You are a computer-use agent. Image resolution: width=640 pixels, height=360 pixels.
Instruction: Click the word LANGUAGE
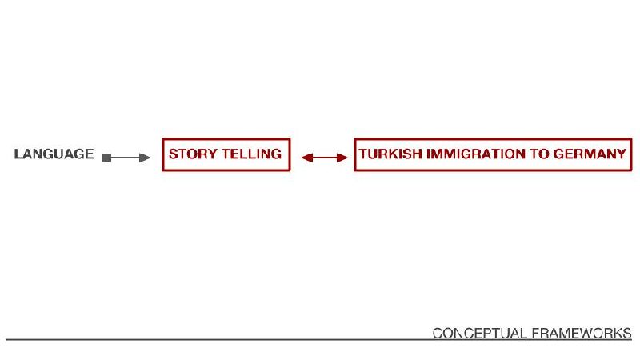coord(54,154)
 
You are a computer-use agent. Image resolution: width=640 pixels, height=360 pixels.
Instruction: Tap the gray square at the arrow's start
coord(107,158)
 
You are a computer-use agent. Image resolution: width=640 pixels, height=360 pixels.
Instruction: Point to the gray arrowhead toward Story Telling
coord(145,158)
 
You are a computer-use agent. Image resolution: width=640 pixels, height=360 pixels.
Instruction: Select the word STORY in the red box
coord(193,154)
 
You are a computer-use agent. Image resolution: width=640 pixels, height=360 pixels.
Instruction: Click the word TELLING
coord(252,154)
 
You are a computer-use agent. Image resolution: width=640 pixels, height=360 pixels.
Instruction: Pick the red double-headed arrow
coord(325,158)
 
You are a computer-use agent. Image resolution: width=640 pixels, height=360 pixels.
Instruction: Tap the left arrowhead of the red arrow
coord(307,158)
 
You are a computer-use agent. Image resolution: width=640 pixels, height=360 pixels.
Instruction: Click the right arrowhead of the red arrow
coord(343,158)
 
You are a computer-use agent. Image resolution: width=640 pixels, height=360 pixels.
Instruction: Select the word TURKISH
coord(390,154)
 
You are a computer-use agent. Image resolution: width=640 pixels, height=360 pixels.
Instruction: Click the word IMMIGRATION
coord(476,154)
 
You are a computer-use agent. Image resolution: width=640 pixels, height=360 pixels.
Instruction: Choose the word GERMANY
coord(590,154)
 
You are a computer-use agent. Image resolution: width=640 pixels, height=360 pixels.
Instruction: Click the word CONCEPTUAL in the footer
coord(480,333)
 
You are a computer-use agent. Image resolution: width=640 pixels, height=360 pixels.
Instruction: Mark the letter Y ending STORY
coord(212,154)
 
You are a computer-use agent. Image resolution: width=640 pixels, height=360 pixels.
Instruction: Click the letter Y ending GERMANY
coord(622,154)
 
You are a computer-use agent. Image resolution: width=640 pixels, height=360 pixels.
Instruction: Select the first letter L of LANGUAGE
coord(18,154)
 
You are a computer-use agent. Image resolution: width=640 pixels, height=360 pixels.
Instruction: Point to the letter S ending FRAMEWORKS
coord(627,333)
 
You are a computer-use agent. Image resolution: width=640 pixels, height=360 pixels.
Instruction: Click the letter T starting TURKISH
coord(363,154)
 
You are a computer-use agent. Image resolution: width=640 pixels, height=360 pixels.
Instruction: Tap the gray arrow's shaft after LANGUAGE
coord(125,158)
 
